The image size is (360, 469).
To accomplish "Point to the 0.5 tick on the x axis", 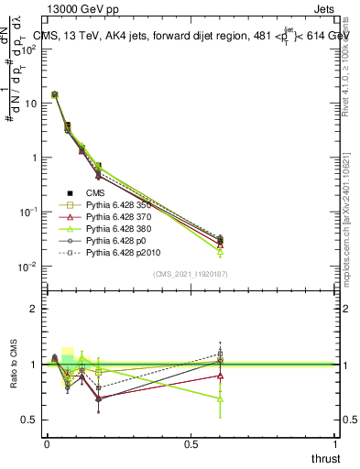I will pos(191,443).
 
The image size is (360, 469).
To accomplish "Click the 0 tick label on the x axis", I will pos(47,443).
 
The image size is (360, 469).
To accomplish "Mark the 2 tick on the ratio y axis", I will pos(33,309).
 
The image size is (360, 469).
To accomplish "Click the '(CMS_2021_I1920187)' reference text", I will pos(191,273).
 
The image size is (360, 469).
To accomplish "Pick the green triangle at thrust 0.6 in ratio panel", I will pos(220,398).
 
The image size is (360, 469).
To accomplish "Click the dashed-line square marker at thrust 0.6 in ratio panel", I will pos(220,353).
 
